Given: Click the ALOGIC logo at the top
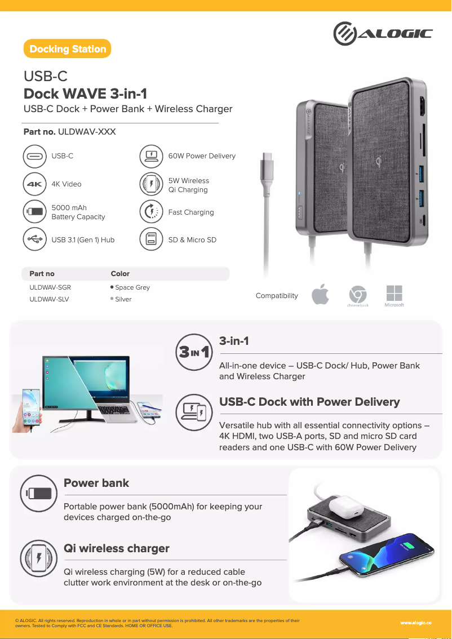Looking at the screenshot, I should click(383, 34).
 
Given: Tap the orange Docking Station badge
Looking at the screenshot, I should click(68, 49).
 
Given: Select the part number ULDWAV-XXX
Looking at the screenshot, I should click(87, 132).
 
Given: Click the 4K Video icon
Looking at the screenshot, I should click(34, 184).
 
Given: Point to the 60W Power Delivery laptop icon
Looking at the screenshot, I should click(151, 156).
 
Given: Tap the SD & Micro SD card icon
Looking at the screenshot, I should click(151, 239).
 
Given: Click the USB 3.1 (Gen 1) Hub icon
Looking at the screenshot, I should click(34, 239).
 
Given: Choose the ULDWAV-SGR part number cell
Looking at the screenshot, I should click(50, 287).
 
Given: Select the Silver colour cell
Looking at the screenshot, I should click(123, 299).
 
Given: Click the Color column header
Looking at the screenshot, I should click(120, 274).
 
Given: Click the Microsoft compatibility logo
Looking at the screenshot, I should click(394, 294).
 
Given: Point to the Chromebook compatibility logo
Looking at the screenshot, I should click(357, 295).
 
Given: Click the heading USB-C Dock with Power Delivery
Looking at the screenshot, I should click(309, 402).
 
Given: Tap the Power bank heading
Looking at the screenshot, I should click(96, 483).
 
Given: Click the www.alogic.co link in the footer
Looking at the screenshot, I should click(416, 623).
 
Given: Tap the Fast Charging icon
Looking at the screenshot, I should click(151, 212).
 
